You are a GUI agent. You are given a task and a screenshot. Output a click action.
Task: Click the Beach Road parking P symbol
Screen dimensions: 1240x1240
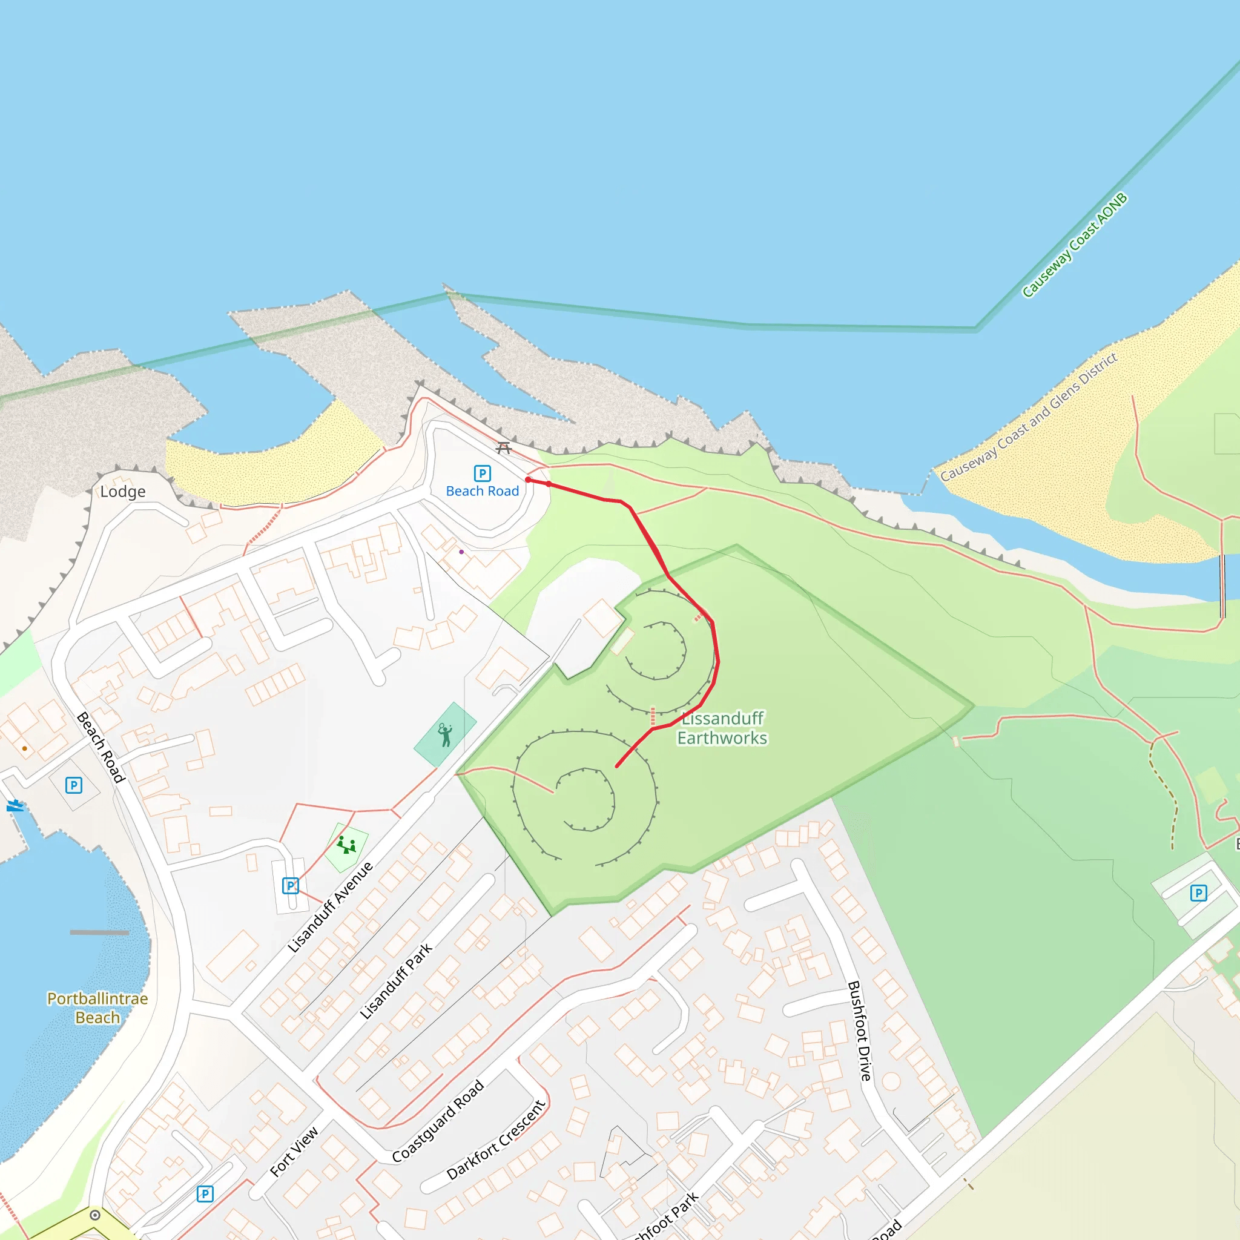click(482, 473)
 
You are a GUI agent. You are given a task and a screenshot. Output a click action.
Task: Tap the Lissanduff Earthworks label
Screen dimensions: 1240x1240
click(722, 728)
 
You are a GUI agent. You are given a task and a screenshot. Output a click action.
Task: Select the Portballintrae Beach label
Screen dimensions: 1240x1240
click(97, 1007)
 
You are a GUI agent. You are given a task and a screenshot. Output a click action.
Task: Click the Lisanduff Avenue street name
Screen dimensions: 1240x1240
click(330, 907)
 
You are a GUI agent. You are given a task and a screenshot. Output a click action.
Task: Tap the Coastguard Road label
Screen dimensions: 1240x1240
click(438, 1121)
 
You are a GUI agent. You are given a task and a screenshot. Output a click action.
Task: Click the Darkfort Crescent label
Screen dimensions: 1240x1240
click(495, 1140)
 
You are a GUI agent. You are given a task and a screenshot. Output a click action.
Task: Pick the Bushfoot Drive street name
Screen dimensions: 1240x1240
click(859, 1030)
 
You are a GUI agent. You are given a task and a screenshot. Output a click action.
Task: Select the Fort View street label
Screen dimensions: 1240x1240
click(294, 1152)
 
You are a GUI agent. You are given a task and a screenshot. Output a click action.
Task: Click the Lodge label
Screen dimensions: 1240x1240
click(122, 492)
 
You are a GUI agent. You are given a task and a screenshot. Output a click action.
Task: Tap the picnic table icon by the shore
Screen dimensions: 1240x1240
click(504, 447)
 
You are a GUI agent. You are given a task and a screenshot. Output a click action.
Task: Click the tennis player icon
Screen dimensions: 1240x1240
click(445, 734)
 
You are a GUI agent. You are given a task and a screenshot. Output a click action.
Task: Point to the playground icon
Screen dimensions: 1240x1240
click(346, 845)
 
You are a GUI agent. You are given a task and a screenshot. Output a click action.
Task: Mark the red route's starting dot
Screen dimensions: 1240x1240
click(528, 480)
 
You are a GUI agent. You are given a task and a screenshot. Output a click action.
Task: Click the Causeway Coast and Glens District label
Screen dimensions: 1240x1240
click(1029, 417)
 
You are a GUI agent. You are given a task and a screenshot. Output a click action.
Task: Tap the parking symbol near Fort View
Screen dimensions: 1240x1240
click(205, 1194)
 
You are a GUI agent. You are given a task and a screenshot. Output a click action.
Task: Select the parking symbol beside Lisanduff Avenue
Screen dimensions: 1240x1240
click(291, 886)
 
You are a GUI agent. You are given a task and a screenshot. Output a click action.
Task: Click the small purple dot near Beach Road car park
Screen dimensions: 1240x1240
click(461, 552)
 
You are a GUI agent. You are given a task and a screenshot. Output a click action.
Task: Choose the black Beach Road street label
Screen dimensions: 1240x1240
click(100, 747)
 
